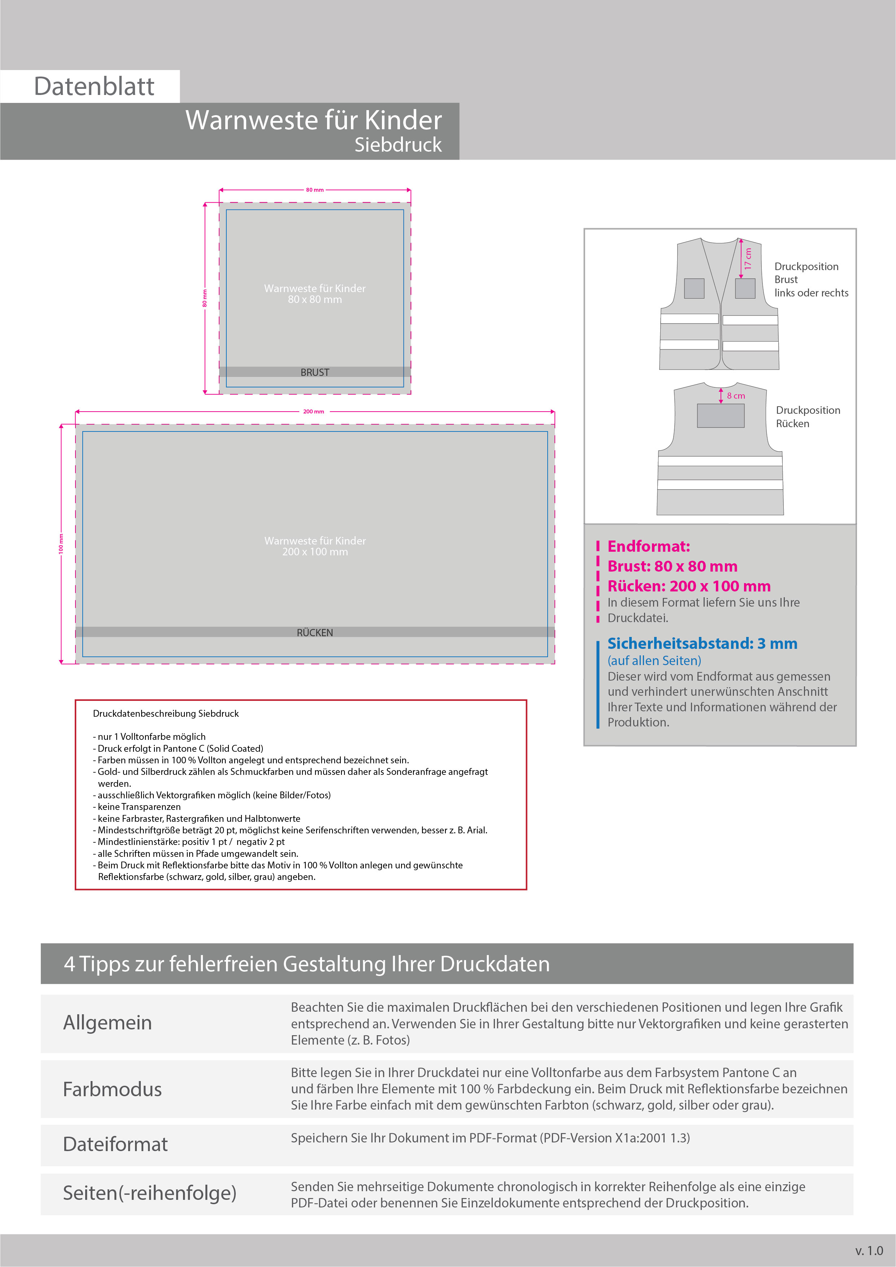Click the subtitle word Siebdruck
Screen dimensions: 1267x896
[398, 144]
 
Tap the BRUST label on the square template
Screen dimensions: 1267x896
[314, 373]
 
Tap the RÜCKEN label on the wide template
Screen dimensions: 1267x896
[314, 632]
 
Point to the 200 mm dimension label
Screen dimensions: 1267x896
[313, 412]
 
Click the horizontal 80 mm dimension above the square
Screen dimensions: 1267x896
[314, 190]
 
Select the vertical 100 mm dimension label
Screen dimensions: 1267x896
[61, 543]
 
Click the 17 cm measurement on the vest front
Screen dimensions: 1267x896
[748, 258]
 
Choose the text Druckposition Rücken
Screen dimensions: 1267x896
[807, 417]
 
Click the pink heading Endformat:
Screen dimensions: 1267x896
[648, 546]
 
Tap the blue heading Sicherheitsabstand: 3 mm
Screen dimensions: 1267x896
[702, 643]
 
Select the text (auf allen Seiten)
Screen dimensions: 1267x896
[654, 660]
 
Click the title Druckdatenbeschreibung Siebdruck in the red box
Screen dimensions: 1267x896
[165, 713]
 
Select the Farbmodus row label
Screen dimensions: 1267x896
[112, 1089]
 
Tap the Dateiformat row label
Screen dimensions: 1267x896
[115, 1144]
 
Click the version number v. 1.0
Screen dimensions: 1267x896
[869, 1250]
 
